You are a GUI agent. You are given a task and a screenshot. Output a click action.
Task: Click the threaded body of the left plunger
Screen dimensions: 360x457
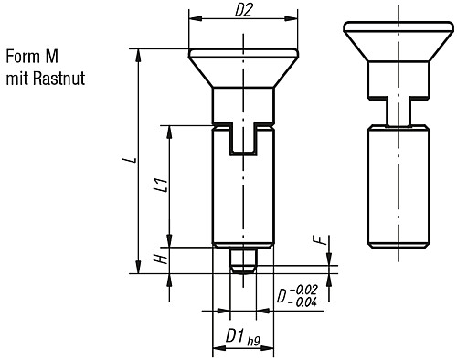[243, 196]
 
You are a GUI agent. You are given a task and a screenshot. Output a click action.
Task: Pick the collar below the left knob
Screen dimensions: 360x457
[243, 103]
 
